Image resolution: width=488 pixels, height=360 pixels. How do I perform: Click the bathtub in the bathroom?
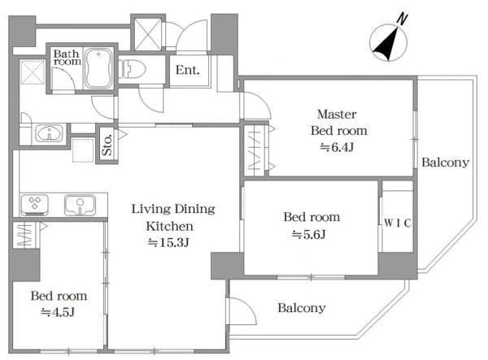[x=98, y=68]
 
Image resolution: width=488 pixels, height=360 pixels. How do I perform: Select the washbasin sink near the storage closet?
[x=49, y=133]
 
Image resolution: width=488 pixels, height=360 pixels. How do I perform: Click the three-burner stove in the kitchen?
[x=34, y=205]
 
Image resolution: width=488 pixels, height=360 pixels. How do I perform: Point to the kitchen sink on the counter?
[x=80, y=205]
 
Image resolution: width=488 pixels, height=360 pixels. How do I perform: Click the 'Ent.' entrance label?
[x=187, y=70]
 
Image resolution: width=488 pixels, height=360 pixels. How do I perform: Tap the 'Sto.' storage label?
[x=107, y=145]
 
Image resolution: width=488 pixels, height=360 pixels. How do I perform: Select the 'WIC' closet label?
[x=398, y=223]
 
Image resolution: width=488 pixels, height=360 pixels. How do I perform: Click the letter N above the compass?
[x=402, y=19]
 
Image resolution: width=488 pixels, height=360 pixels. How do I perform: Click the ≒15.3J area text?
[x=168, y=242]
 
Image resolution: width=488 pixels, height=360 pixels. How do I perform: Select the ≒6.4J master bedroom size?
[x=337, y=147]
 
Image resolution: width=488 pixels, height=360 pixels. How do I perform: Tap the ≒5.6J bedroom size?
[x=309, y=234]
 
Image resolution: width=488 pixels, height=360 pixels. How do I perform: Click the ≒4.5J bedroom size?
[x=58, y=312]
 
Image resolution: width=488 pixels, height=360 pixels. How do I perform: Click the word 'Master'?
[x=337, y=114]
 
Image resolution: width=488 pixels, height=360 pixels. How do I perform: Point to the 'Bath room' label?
[x=68, y=57]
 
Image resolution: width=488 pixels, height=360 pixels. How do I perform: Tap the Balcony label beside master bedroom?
[x=446, y=163]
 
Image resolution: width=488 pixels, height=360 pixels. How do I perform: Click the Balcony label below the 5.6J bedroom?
[x=302, y=308]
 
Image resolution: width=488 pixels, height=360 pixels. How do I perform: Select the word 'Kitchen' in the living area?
[x=170, y=226]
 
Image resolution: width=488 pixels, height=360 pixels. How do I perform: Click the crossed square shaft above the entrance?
[x=148, y=34]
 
